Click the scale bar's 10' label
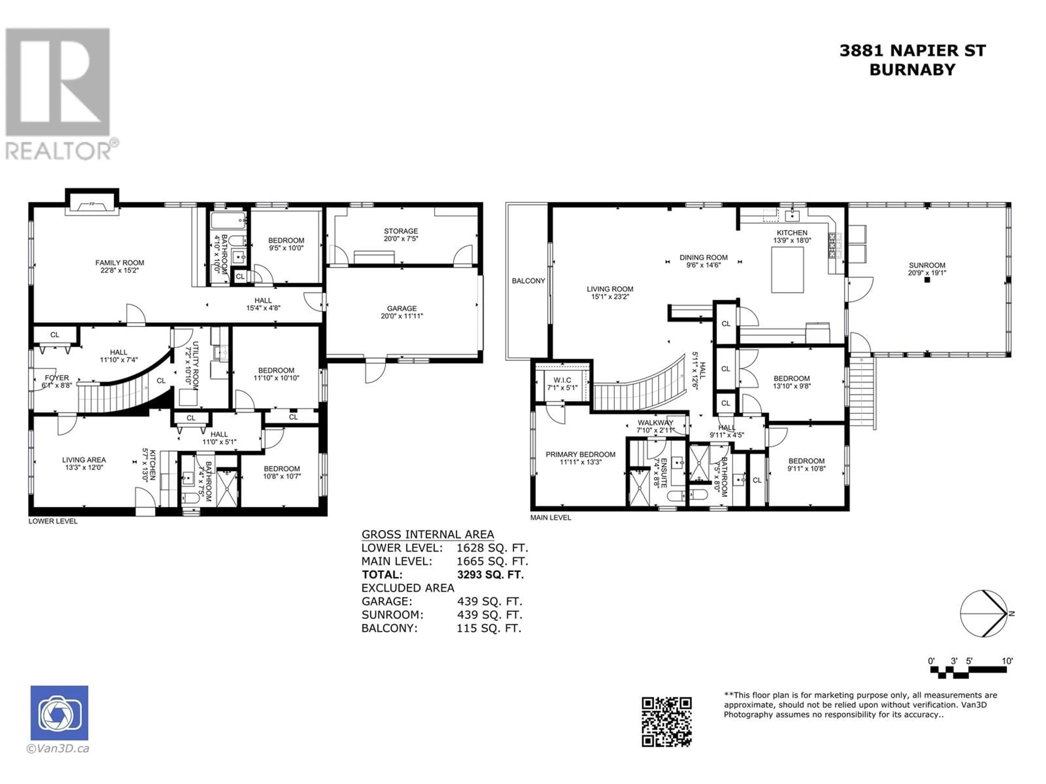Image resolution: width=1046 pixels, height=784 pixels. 1007,661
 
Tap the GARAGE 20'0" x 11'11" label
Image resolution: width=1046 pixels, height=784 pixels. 402,312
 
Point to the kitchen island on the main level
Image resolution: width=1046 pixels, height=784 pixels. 787,270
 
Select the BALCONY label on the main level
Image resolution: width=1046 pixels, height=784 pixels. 529,281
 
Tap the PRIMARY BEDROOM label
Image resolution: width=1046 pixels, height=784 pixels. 581,458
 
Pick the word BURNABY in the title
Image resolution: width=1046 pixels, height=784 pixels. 913,69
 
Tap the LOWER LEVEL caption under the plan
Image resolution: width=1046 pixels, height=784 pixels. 53,521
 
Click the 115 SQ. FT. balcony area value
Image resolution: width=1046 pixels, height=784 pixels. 489,629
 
